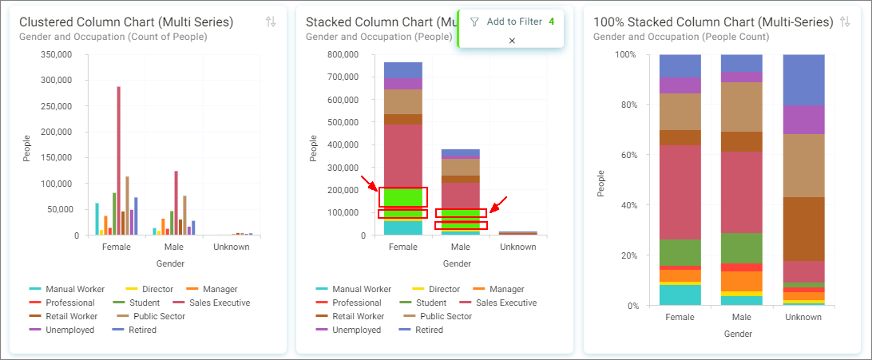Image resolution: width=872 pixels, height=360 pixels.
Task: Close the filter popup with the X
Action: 512,41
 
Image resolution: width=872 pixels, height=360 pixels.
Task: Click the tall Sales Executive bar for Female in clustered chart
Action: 118,161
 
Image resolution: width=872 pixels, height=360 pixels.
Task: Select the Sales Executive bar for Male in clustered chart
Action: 176,204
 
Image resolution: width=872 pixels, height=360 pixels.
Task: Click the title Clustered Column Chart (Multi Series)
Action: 126,22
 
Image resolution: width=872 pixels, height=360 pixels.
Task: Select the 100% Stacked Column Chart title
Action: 714,22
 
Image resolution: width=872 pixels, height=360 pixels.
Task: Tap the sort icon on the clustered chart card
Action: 271,22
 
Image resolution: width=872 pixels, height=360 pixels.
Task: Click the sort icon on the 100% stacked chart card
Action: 845,22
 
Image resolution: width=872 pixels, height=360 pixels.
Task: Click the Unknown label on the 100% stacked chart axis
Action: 803,317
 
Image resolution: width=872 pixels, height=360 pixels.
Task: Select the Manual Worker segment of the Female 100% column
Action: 680,295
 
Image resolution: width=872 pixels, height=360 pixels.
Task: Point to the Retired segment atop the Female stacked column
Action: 403,70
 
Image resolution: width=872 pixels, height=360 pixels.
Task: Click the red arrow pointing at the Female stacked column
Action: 369,183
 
